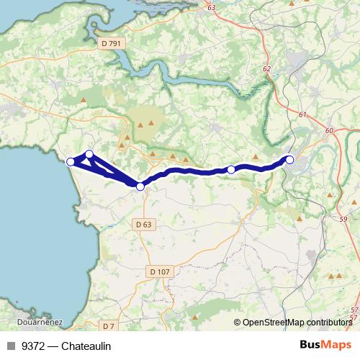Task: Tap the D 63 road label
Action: [143, 225]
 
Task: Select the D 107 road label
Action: [160, 271]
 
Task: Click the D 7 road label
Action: [108, 325]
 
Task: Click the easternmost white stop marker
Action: [289, 159]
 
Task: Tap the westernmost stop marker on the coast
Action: [71, 162]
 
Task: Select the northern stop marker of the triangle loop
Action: [89, 154]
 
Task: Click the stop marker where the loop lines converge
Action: [140, 186]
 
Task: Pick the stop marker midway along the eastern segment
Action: [231, 169]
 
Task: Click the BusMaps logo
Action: [326, 346]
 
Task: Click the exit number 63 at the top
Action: [210, 7]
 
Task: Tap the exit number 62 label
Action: [266, 68]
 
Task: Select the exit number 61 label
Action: [301, 115]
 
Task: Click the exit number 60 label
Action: [329, 130]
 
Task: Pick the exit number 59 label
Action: [343, 219]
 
